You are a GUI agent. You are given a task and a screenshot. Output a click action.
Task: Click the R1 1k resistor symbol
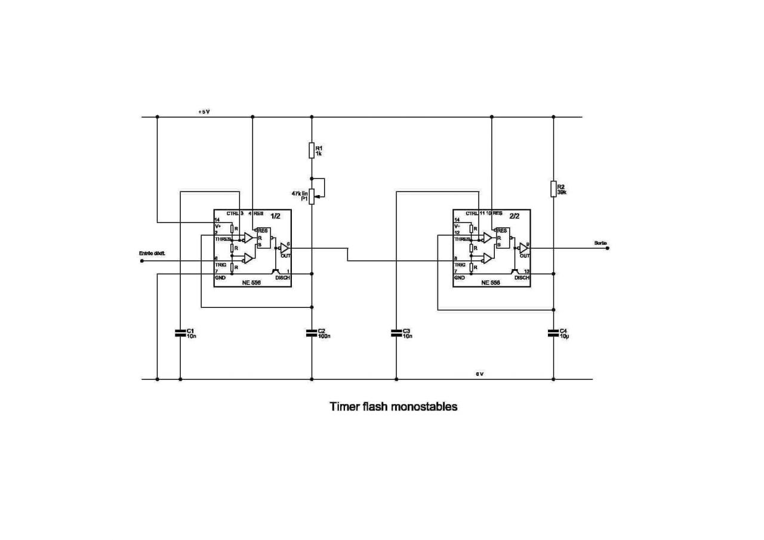coord(312,150)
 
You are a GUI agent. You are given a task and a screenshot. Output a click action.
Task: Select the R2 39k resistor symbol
coord(553,189)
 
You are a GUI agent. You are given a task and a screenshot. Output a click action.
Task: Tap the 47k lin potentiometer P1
coord(312,194)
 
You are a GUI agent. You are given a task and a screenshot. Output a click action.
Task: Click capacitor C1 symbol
coord(180,333)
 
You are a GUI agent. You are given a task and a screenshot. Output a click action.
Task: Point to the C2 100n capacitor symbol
coord(312,333)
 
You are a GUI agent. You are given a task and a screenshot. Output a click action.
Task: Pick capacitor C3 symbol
coord(396,333)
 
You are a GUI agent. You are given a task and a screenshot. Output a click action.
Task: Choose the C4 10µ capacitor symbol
coord(553,333)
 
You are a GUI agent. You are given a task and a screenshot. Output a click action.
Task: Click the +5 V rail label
coord(204,112)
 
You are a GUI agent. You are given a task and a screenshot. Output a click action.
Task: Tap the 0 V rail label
coord(479,374)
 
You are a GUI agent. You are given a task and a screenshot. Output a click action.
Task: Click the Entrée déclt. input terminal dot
coord(141,260)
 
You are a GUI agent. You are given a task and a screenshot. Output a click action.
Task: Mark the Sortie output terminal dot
coord(607,248)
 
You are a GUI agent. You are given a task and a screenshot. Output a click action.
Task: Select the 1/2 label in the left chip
coord(275,216)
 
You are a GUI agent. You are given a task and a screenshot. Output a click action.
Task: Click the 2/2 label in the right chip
coord(515,216)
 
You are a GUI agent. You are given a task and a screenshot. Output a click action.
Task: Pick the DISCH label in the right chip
coord(522,277)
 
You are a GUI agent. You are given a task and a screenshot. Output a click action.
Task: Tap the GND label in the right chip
coord(459,277)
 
